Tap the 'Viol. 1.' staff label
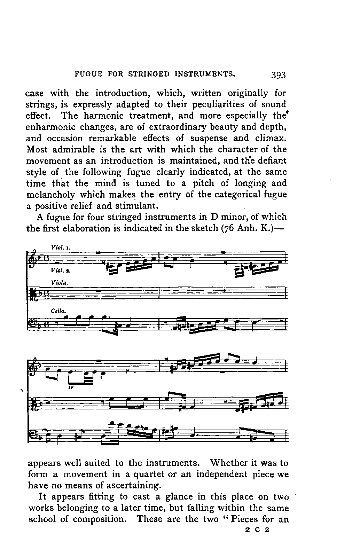click(61, 248)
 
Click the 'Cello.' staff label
click(58, 311)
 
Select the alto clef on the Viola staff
click(33, 293)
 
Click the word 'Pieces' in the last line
click(249, 519)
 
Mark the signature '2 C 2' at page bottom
click(257, 531)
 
